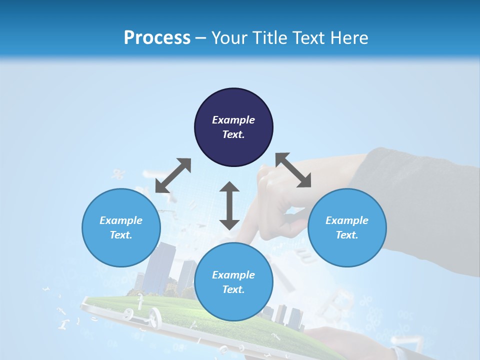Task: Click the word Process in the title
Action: pyautogui.click(x=157, y=38)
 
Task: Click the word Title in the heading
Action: pyautogui.click(x=270, y=38)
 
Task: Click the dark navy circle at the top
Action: pyautogui.click(x=233, y=127)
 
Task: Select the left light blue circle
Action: pyautogui.click(x=121, y=227)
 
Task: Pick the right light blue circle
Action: pyautogui.click(x=347, y=227)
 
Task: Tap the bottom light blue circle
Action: pyautogui.click(x=233, y=282)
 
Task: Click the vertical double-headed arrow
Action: pyautogui.click(x=229, y=206)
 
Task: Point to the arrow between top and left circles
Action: pyautogui.click(x=173, y=175)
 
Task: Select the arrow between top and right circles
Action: pyautogui.click(x=293, y=170)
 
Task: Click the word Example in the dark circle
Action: pyautogui.click(x=233, y=120)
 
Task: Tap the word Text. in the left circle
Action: pyautogui.click(x=121, y=235)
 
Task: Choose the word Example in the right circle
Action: pyautogui.click(x=347, y=220)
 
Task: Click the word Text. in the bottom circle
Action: pyautogui.click(x=233, y=289)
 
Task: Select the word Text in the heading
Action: pyautogui.click(x=307, y=38)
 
